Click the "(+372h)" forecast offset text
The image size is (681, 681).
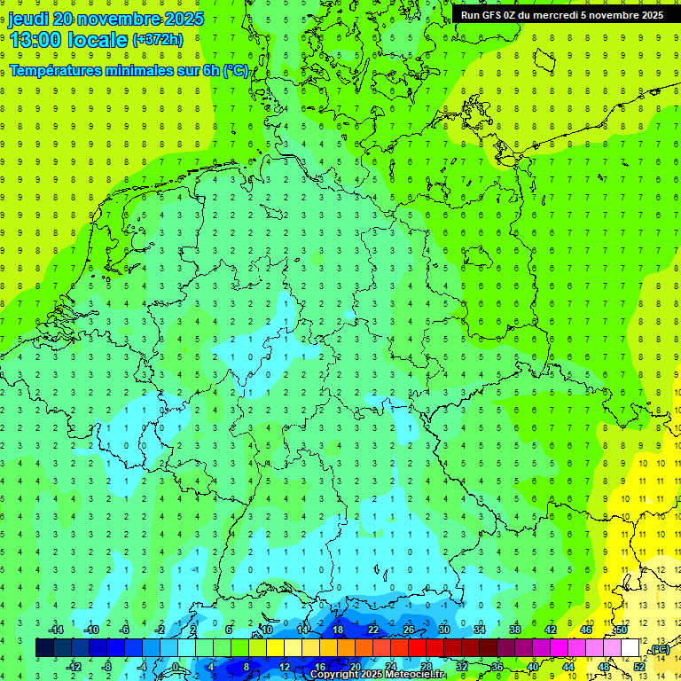click(x=157, y=40)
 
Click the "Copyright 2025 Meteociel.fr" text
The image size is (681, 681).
click(x=378, y=675)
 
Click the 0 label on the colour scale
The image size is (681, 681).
click(x=175, y=667)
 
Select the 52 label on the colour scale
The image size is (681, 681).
click(x=639, y=667)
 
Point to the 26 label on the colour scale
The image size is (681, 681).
click(x=408, y=630)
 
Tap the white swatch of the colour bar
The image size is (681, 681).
click(x=630, y=648)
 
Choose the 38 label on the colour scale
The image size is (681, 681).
click(x=514, y=630)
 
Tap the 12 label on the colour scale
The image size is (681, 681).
click(x=285, y=667)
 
